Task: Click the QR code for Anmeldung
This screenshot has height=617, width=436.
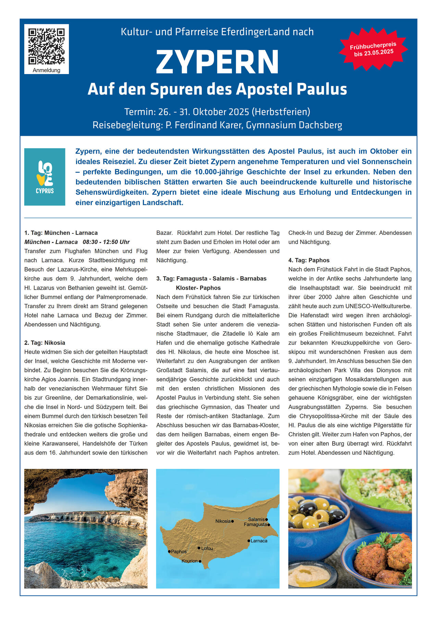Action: tap(46, 46)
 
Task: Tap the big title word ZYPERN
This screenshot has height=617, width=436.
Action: tap(217, 62)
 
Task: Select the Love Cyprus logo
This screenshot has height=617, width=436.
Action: tap(45, 177)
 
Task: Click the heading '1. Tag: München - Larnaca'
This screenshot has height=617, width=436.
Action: tap(61, 233)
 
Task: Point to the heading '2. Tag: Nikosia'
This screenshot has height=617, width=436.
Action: tap(45, 343)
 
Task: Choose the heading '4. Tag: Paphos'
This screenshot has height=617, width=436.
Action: tap(309, 260)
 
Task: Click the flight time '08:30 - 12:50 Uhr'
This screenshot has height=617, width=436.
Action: tap(106, 242)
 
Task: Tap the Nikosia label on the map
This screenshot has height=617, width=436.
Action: tap(223, 521)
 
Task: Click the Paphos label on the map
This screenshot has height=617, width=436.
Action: tap(178, 552)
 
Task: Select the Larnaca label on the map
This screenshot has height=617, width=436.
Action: tap(259, 541)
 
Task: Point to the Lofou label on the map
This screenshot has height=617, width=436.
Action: tap(207, 548)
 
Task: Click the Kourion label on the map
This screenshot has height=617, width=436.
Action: tap(190, 561)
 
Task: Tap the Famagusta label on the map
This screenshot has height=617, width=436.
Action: tap(255, 524)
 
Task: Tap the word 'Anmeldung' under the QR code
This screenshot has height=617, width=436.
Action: tap(47, 70)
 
